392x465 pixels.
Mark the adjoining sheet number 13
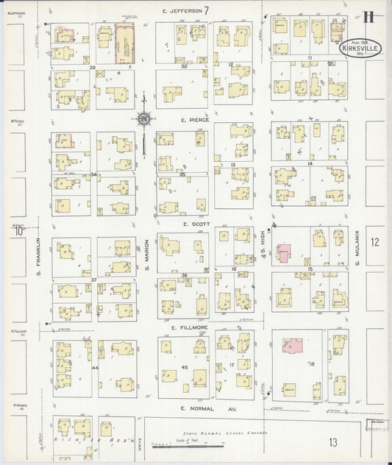pos(333,441)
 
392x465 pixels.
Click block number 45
pos(185,367)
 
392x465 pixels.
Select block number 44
pos(95,367)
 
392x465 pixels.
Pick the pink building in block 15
pos(284,252)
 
